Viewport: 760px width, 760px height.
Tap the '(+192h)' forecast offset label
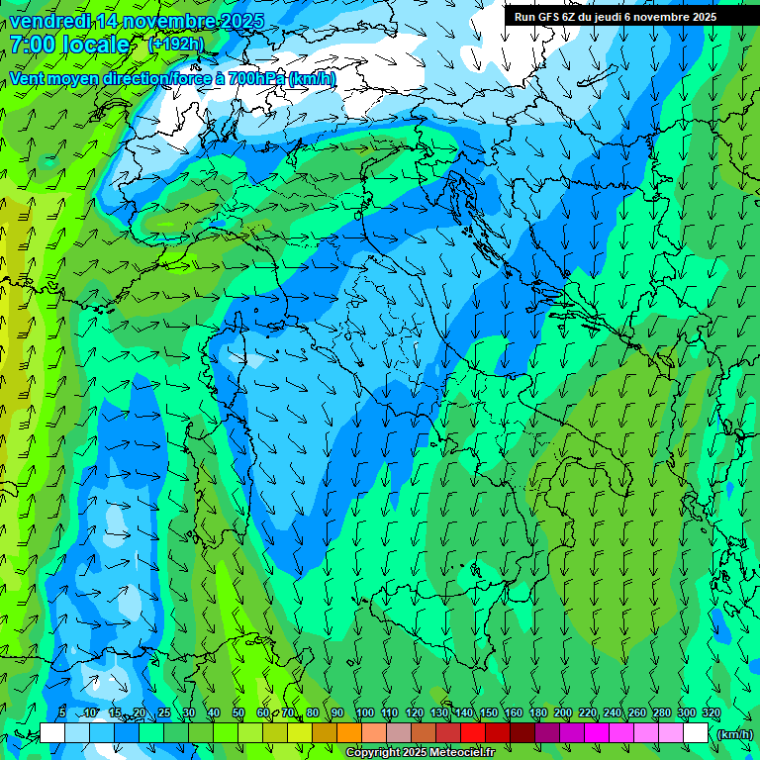(176, 45)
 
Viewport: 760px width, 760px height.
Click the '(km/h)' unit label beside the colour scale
(734, 734)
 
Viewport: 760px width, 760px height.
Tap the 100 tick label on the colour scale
(364, 713)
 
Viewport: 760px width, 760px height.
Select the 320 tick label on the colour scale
(711, 713)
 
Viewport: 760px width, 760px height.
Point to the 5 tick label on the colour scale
(62, 713)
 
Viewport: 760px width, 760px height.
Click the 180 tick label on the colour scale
(537, 713)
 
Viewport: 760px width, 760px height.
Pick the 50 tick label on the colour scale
(238, 713)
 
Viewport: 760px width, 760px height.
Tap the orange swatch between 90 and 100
(349, 733)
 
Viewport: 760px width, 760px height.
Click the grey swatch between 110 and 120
(399, 733)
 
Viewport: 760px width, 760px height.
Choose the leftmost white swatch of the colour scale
(52, 733)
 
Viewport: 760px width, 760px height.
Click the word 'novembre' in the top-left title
(169, 20)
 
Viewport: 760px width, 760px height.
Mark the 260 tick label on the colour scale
(636, 713)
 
